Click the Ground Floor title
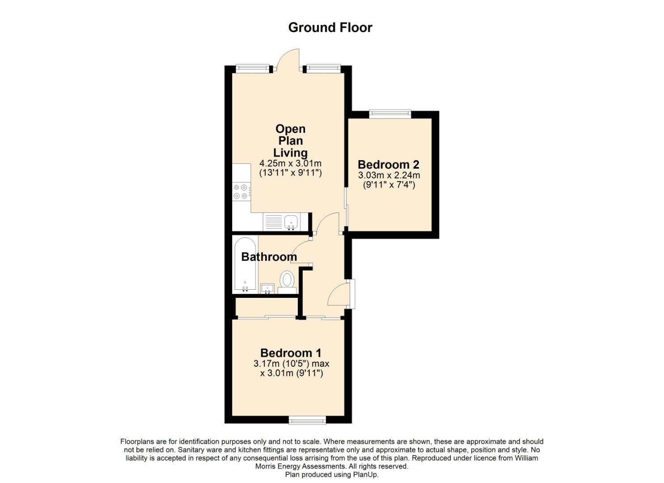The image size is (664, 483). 330,28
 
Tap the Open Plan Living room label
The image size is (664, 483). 291,140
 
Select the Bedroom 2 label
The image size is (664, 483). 389,164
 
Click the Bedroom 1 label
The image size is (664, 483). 291,353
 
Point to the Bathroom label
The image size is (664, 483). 269,257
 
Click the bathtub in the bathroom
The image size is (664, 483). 245,264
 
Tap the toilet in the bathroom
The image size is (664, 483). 287,282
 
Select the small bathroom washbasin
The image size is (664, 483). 267,289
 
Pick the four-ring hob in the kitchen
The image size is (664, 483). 241,191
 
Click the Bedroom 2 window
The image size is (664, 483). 390,114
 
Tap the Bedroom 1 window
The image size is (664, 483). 307,420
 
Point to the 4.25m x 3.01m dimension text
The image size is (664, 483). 291,163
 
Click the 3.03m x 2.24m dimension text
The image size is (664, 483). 389,175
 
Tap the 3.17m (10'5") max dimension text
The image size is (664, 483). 292,364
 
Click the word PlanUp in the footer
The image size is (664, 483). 365,475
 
